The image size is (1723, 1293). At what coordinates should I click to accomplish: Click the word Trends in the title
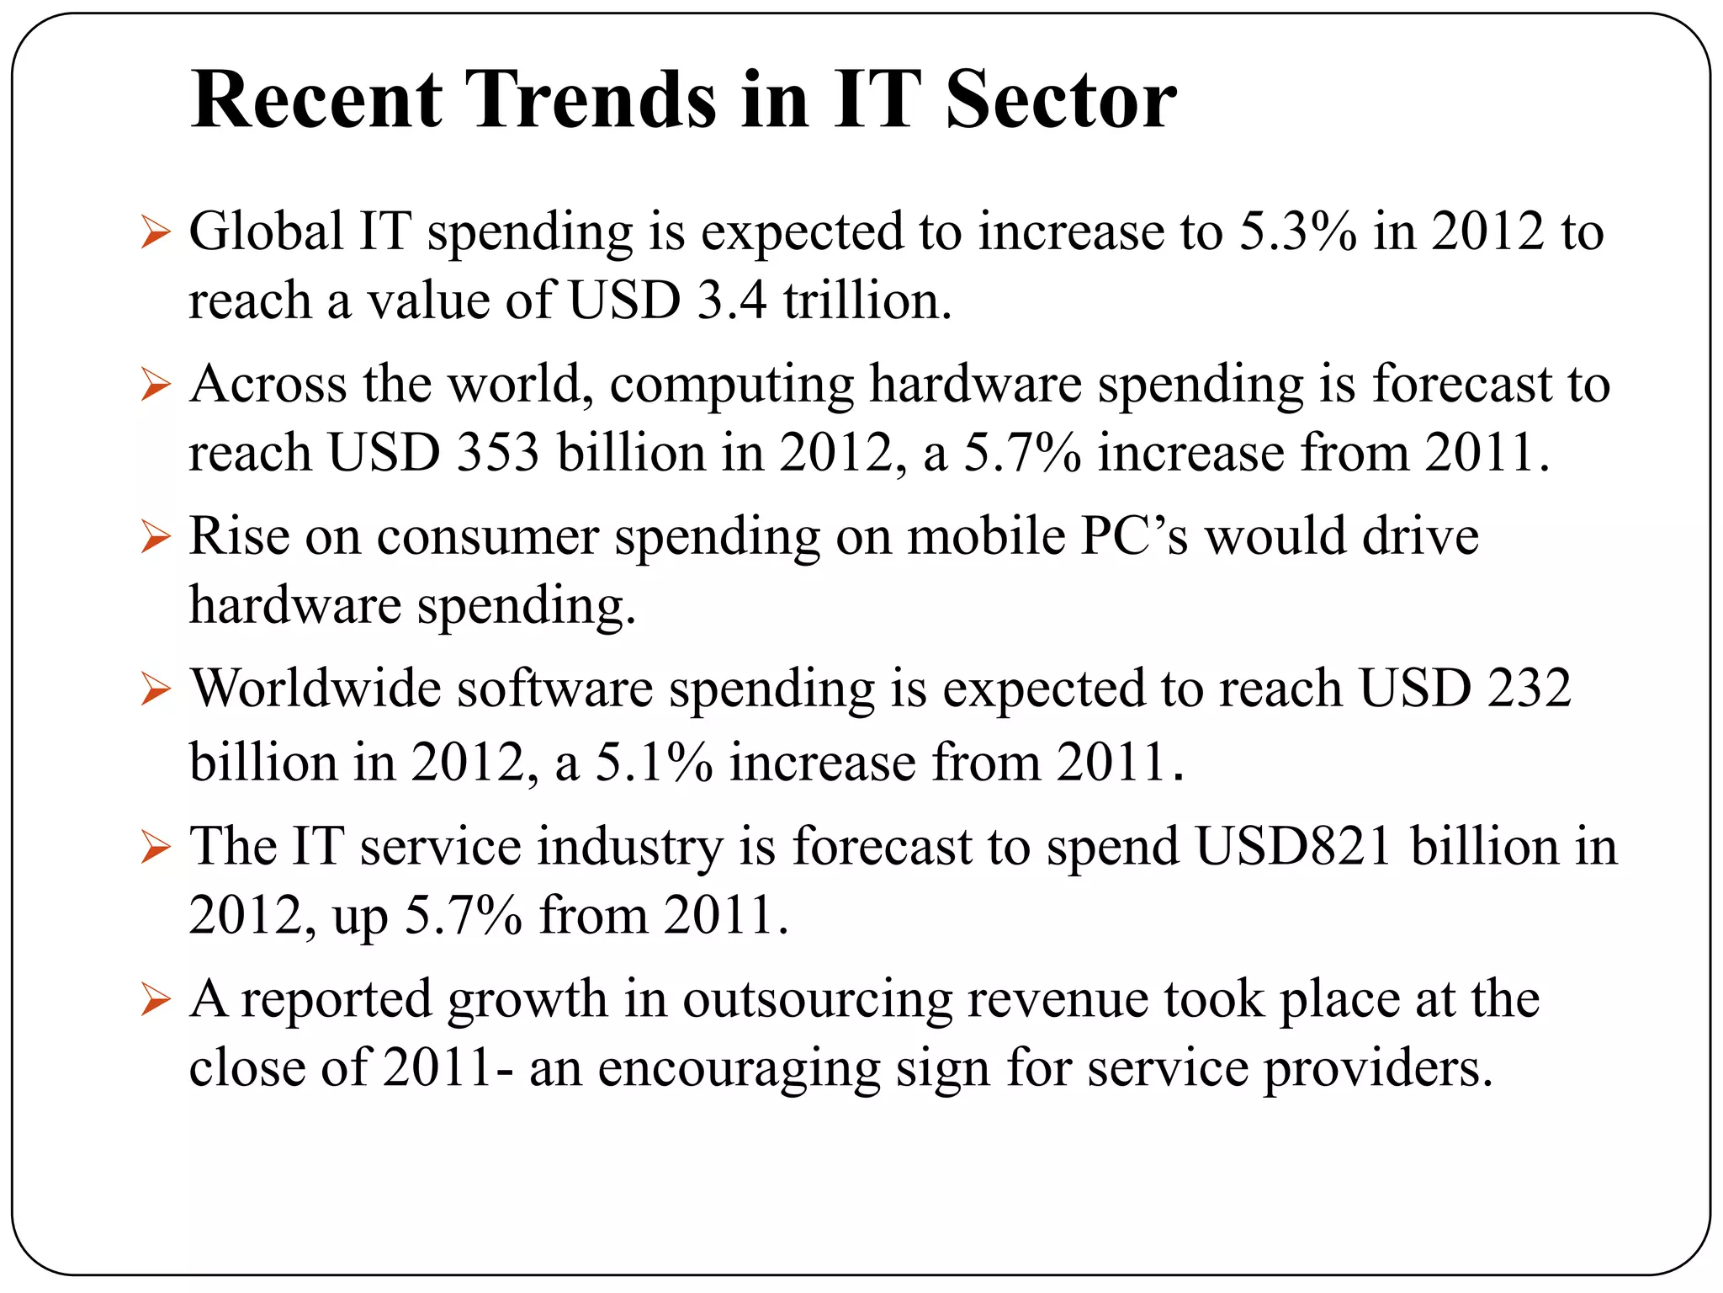click(591, 101)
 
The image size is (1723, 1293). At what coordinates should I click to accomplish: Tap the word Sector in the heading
click(1061, 101)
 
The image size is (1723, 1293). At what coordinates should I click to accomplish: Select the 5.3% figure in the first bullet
click(1298, 231)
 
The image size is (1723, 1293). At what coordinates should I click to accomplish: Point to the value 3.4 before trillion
click(732, 301)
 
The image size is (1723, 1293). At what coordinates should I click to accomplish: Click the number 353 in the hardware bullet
click(497, 453)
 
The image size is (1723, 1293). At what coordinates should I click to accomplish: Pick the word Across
click(268, 384)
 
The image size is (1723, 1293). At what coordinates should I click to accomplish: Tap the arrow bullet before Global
click(156, 232)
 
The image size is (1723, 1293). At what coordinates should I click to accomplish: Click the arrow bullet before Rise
click(156, 536)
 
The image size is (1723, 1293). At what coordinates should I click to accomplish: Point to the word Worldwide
click(316, 689)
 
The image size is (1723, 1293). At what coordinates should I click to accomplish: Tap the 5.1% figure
click(654, 763)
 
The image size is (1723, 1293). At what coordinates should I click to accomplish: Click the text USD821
click(1293, 846)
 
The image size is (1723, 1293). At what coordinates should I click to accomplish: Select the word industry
click(630, 846)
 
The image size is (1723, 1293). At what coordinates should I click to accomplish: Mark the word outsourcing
click(817, 1000)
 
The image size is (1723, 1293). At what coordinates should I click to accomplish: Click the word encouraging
click(739, 1068)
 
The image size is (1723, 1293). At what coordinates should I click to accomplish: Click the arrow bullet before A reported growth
click(156, 1000)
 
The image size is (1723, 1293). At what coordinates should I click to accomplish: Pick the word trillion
click(867, 301)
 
